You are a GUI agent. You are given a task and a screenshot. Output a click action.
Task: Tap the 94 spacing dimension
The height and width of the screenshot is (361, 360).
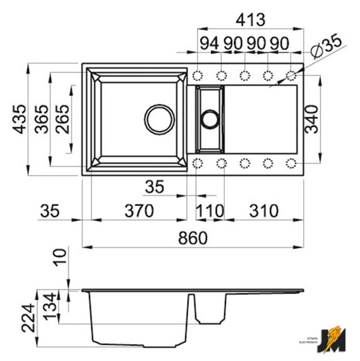pyautogui.click(x=208, y=43)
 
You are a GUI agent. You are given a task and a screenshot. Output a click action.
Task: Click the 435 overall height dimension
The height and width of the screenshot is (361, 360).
pyautogui.click(x=19, y=120)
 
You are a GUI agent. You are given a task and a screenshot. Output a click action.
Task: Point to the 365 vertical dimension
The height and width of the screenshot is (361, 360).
pyautogui.click(x=41, y=120)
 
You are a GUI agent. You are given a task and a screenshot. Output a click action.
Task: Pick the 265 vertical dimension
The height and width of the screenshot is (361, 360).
pyautogui.click(x=63, y=120)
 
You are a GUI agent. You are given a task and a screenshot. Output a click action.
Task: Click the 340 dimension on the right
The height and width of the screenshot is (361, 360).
pyautogui.click(x=313, y=119)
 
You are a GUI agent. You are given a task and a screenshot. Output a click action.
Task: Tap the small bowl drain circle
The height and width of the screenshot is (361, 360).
pyautogui.click(x=210, y=119)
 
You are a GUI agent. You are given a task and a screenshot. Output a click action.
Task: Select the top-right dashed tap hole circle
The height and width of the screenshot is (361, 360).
pyautogui.click(x=291, y=75)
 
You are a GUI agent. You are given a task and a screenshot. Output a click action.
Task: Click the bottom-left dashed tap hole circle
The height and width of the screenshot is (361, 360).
pyautogui.click(x=198, y=164)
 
